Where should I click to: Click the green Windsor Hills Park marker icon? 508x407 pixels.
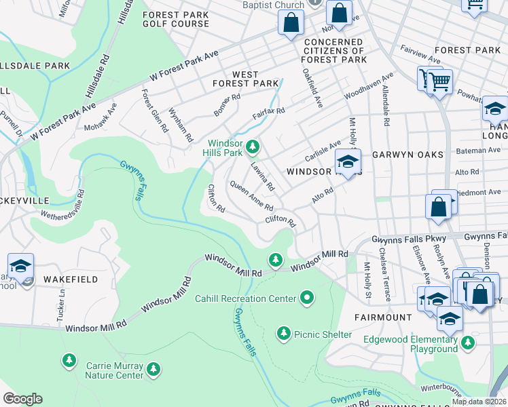[x=253, y=146]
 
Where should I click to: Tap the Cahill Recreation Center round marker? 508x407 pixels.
[x=307, y=298]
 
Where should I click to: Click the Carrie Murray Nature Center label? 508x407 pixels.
[x=114, y=370]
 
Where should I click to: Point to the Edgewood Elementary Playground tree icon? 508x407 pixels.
[x=467, y=343]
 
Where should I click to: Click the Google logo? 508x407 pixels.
[x=22, y=399]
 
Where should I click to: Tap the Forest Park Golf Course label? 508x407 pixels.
[x=176, y=18]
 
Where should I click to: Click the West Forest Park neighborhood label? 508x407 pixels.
[x=245, y=79]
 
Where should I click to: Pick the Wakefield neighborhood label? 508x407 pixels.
[x=67, y=279]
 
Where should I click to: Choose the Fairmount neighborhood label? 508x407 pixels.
[x=383, y=317]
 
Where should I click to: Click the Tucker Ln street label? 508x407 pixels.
[x=62, y=305]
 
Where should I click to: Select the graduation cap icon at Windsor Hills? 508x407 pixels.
[x=348, y=162]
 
